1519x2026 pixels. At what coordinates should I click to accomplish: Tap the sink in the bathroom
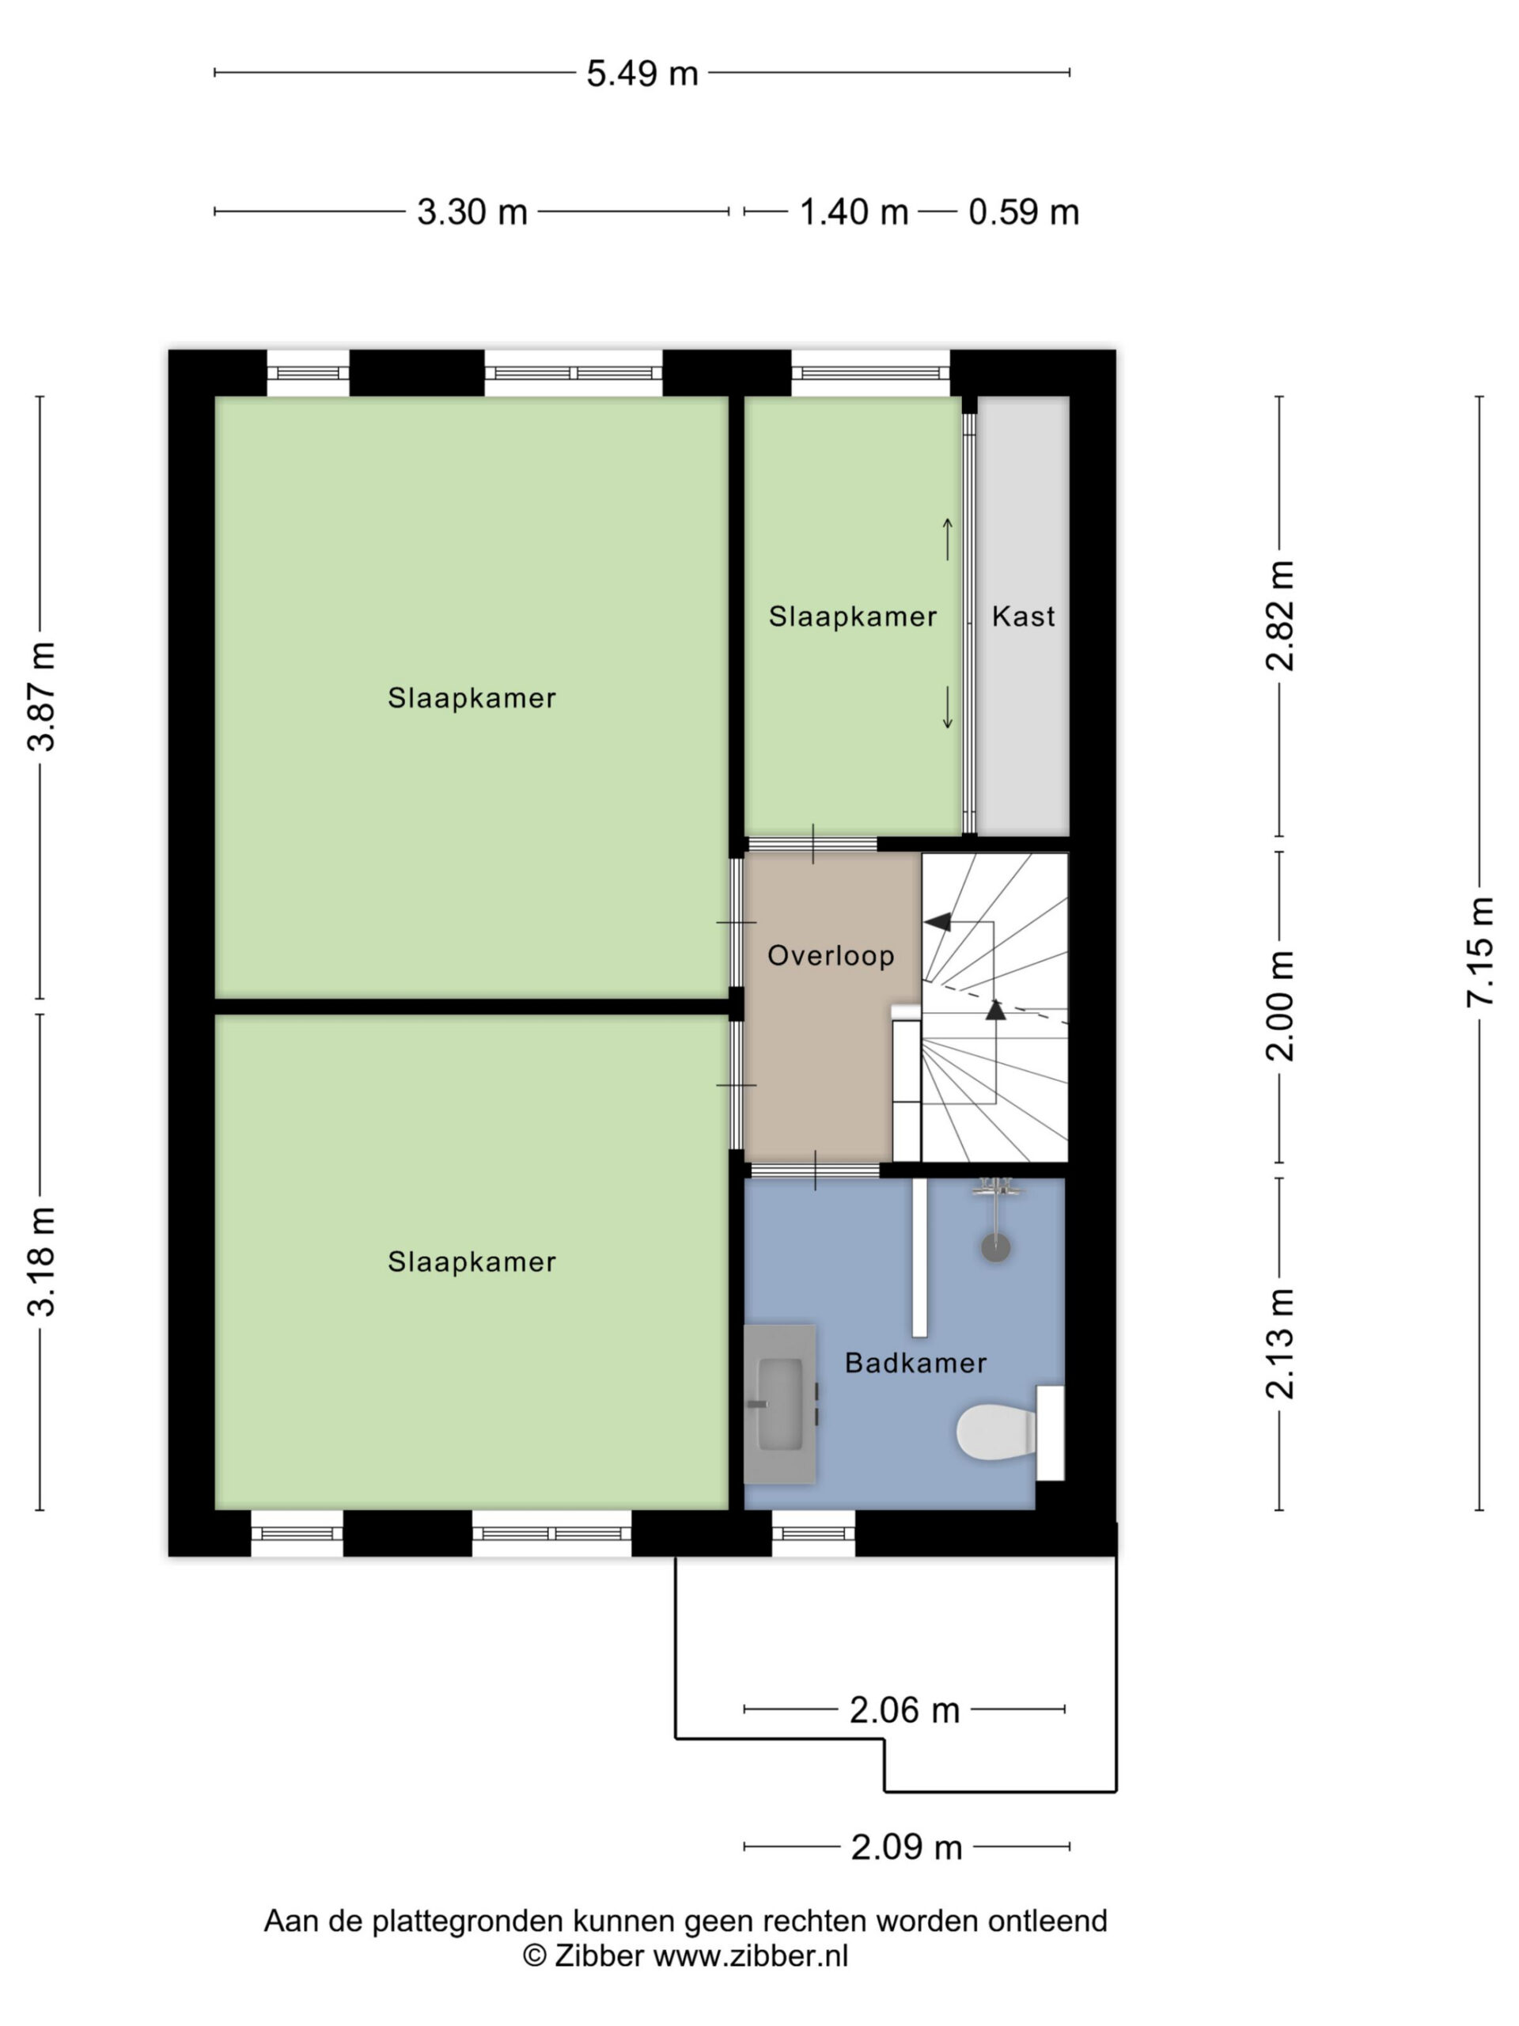tap(779, 1402)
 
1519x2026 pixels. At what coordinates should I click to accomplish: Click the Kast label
tap(1023, 617)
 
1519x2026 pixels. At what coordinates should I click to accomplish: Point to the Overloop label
tap(831, 955)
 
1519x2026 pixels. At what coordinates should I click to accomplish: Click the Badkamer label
tap(915, 1363)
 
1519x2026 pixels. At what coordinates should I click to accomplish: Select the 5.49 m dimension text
tap(642, 74)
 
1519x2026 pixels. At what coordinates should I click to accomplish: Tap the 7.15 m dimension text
tap(1479, 953)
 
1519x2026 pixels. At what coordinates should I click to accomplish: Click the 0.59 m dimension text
tap(1024, 212)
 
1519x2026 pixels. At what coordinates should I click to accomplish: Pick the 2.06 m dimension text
tap(903, 1710)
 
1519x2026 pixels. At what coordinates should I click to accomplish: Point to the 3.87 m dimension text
tap(41, 696)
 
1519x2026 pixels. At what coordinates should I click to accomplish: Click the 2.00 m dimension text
tap(1280, 1005)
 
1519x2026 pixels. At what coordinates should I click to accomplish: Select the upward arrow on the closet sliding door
tap(948, 539)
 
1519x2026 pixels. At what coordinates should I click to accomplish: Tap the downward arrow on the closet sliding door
tap(948, 708)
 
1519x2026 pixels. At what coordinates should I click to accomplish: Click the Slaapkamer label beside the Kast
tap(852, 617)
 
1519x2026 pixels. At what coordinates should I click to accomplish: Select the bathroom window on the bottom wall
tap(813, 1533)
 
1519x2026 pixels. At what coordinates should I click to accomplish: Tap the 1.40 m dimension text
tap(854, 212)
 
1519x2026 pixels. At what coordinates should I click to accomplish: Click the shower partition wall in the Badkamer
tap(919, 1257)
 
